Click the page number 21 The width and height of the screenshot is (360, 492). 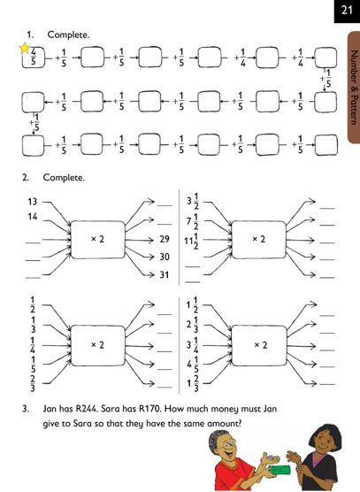coord(347,11)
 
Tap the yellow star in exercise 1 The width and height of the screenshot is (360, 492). coord(25,49)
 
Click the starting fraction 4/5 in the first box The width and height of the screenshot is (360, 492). coord(34,57)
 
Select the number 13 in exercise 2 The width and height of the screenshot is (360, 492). coord(33,202)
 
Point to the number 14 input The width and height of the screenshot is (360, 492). coord(33,216)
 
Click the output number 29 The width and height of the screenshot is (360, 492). coord(165,239)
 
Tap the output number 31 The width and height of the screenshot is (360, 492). coord(165,275)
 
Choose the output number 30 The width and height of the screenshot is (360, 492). coord(165,257)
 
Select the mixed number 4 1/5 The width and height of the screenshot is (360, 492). coord(193,365)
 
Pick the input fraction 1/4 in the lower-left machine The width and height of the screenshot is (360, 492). coord(33,345)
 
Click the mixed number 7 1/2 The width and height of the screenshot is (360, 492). coord(193,221)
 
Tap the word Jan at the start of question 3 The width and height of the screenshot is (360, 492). coord(50,409)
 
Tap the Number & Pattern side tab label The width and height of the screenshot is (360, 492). coord(354,87)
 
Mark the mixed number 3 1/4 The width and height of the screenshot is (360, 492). coord(193,345)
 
